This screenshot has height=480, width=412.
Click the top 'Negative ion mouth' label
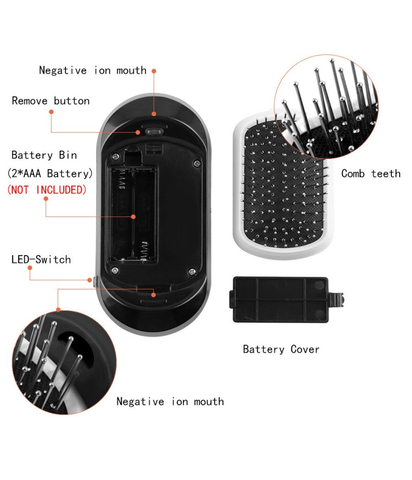(92, 70)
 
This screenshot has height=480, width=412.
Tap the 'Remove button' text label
(50, 101)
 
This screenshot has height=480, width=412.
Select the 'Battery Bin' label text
(44, 155)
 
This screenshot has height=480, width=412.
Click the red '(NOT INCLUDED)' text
(47, 190)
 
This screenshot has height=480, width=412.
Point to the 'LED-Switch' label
(41, 260)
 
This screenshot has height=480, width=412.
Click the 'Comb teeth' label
(371, 174)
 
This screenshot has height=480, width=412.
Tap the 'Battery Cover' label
(281, 350)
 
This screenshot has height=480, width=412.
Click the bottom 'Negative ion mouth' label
(170, 402)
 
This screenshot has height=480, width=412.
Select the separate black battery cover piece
(280, 299)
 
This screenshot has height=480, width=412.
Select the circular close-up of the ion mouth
(64, 362)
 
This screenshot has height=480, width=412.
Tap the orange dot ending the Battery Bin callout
(134, 217)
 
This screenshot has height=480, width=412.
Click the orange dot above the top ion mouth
(154, 71)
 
